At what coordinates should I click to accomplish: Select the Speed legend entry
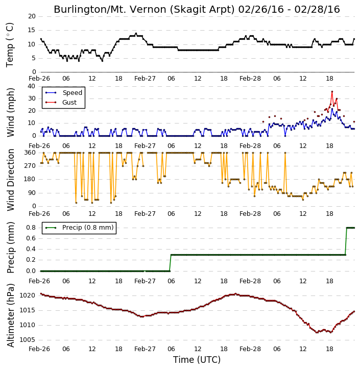point(64,93)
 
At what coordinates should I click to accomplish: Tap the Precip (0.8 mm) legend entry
point(80,228)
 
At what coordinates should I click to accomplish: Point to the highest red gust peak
point(332,91)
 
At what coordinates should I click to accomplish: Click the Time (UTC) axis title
point(197,360)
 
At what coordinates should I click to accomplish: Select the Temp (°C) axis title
point(10,45)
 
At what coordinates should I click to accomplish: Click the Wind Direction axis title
point(10,180)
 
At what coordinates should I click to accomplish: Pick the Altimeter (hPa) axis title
point(10,315)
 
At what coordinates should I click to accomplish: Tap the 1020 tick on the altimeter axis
point(27,295)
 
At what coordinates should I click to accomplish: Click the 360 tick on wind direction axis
point(30,153)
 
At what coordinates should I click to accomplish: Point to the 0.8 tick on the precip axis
point(31,228)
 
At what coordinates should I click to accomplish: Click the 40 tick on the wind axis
point(32,86)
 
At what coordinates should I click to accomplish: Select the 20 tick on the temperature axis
point(32,16)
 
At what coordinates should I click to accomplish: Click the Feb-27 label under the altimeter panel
point(145,349)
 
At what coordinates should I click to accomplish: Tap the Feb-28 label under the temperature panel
point(250,79)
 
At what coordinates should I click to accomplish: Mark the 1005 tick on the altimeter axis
point(27,340)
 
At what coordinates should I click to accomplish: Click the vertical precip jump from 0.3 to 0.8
point(346,241)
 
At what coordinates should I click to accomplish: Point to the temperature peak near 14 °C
point(136,34)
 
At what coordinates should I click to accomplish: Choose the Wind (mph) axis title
point(10,112)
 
